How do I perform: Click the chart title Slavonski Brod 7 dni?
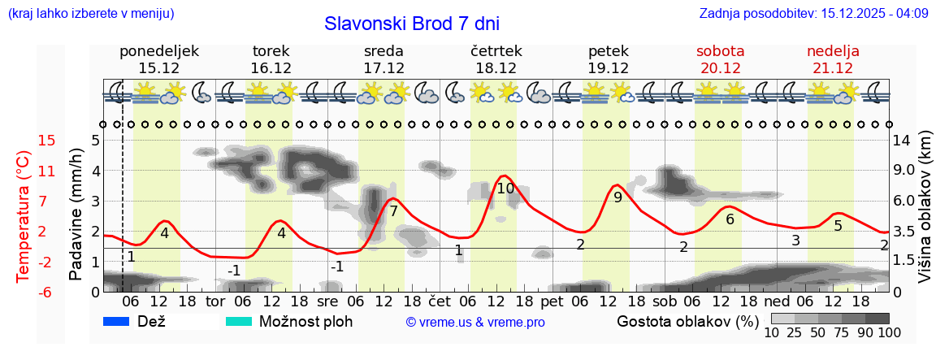pos(412,24)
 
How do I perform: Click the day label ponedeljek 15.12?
pos(159,59)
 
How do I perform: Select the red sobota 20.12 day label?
pos(720,59)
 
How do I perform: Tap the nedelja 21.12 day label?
pos(833,59)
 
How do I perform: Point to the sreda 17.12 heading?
pos(383,59)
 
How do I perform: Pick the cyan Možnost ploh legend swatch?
pos(239,321)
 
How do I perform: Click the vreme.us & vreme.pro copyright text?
pos(475,322)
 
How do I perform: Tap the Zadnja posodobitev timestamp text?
pos(813,14)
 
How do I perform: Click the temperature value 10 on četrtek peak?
pos(505,189)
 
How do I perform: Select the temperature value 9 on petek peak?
pos(617,197)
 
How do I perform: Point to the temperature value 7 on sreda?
pos(393,211)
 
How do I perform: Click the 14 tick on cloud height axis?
pos(901,141)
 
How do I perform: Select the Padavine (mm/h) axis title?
pos(76,214)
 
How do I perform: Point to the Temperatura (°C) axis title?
pos(24,216)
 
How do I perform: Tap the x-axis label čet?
pos(440,301)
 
